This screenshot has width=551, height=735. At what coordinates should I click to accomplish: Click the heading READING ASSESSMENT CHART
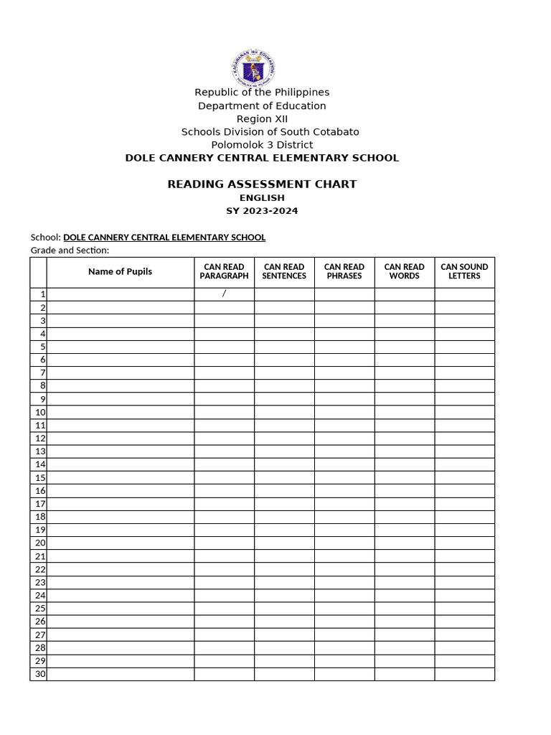262,184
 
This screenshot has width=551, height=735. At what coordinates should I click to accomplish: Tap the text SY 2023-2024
262,211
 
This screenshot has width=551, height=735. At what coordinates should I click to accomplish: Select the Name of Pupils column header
120,271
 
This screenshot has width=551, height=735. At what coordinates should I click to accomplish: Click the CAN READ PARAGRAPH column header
224,271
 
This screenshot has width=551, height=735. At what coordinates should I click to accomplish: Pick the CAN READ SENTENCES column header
284,271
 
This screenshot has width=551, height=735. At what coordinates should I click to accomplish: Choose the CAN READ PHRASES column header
344,271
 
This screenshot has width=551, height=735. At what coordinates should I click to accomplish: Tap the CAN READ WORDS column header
404,271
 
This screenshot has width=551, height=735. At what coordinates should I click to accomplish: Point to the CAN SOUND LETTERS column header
464,271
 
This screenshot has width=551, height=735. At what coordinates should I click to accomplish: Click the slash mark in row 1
224,294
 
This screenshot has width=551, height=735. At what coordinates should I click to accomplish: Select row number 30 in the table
40,674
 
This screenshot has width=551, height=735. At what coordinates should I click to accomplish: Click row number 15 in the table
40,477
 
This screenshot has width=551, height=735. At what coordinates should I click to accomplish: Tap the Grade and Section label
70,250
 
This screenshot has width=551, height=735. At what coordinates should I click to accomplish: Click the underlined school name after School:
164,237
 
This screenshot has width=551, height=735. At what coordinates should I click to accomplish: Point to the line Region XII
262,118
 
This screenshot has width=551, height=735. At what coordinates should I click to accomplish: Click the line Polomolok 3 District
262,144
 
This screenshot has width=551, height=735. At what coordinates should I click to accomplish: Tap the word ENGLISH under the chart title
262,197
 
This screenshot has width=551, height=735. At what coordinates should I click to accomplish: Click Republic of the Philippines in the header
262,92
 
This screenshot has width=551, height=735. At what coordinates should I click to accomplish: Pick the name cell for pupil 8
120,385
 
